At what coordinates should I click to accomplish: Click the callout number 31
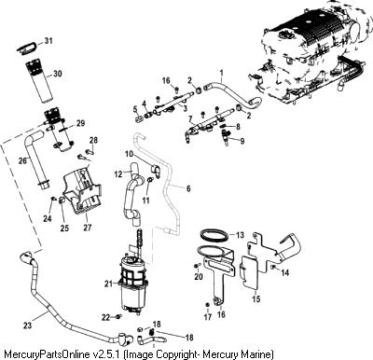(48, 41)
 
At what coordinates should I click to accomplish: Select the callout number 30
(57, 74)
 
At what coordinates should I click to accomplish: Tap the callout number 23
(27, 325)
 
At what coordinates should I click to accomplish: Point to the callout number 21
(108, 284)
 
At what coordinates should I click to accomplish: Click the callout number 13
(240, 235)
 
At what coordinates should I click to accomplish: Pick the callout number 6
(188, 188)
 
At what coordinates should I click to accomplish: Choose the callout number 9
(242, 141)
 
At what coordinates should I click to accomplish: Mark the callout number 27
(88, 228)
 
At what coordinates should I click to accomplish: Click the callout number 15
(256, 298)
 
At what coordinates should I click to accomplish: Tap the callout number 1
(222, 73)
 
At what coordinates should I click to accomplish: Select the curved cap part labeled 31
(26, 48)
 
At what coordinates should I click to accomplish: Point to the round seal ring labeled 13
(214, 235)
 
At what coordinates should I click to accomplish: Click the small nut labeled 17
(207, 304)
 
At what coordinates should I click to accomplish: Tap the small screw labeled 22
(118, 317)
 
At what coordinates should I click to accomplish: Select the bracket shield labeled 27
(81, 189)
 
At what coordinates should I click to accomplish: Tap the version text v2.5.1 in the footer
(107, 354)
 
